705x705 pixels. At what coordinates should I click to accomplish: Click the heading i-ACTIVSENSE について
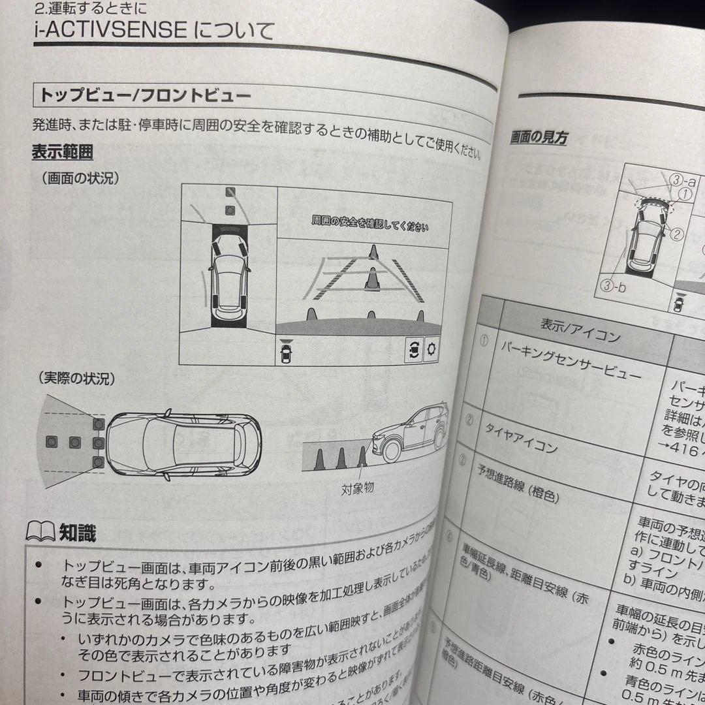point(153,30)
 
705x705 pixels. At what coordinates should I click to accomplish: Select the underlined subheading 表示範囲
point(62,153)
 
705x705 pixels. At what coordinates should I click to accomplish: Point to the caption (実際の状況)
point(76,378)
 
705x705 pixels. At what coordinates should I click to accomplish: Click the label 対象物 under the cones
point(357,488)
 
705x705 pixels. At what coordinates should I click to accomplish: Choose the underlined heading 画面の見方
point(539,138)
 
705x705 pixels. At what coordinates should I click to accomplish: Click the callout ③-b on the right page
point(613,285)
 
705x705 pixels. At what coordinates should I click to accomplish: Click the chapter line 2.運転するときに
point(90,8)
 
